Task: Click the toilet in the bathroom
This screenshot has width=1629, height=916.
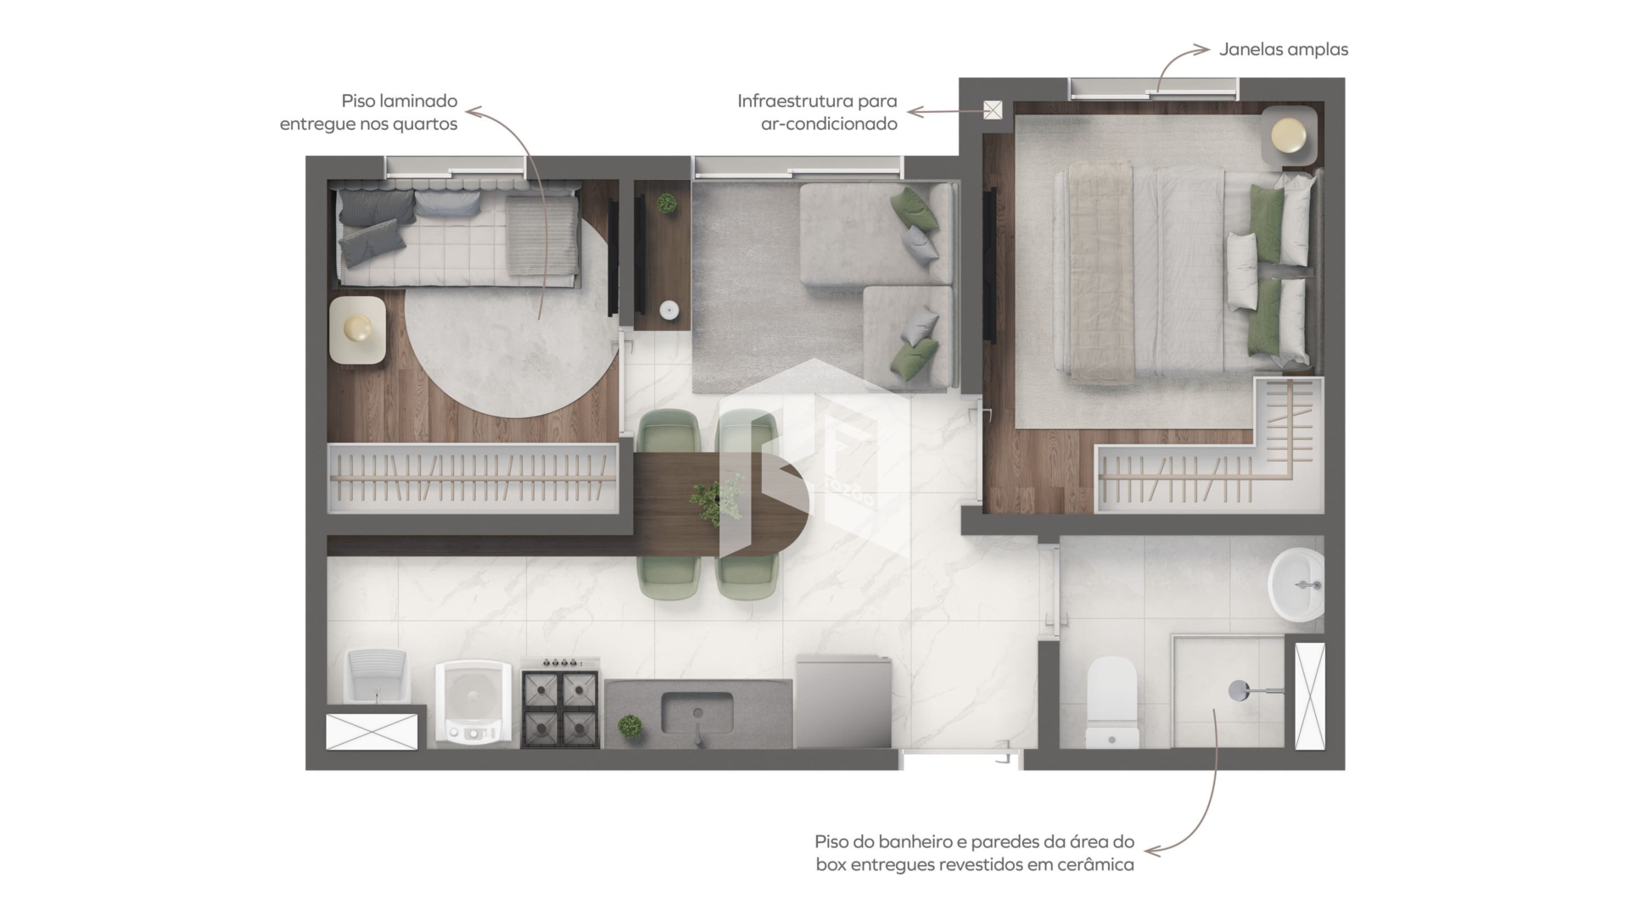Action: (x=1112, y=702)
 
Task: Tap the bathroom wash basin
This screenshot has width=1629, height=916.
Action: (x=1296, y=584)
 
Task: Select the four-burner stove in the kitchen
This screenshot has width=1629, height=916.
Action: (x=560, y=703)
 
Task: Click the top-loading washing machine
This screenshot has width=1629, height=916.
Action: (x=473, y=703)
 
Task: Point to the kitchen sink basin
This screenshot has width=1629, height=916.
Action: (x=697, y=713)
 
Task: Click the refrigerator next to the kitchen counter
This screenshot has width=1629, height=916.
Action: (x=843, y=701)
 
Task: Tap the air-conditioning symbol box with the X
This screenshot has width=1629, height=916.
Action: (x=993, y=110)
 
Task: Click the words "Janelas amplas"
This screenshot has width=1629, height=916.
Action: (x=1284, y=49)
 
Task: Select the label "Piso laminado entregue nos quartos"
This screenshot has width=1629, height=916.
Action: (x=368, y=112)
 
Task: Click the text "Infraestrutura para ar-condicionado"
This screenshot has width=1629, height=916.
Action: (x=817, y=112)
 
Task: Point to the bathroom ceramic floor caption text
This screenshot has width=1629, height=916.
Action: (x=974, y=853)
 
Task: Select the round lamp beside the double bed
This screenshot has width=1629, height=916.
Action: (x=1289, y=135)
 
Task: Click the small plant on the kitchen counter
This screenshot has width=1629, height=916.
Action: (x=630, y=726)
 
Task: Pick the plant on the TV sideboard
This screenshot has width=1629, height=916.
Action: (x=667, y=204)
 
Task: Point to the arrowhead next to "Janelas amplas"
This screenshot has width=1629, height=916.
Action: (x=1202, y=49)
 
